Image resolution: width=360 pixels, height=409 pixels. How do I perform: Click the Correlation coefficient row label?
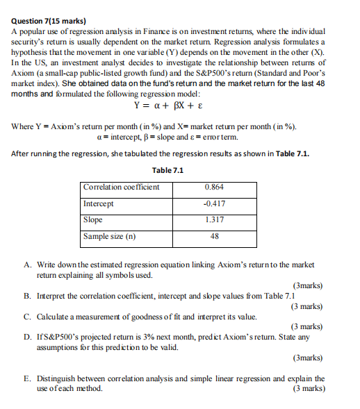(121, 187)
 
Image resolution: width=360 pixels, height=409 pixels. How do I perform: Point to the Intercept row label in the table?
(99, 203)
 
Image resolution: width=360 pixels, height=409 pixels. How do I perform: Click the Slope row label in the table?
(93, 219)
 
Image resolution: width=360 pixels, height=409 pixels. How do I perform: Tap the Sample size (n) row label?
(110, 236)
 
